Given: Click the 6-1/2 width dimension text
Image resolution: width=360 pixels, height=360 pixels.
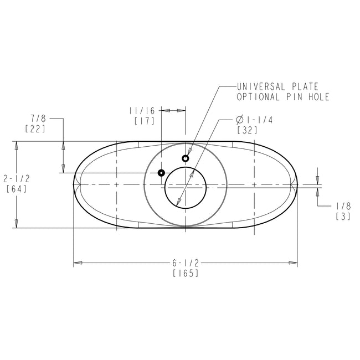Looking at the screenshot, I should pyautogui.click(x=186, y=263).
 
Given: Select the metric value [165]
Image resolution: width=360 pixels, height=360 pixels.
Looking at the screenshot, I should pyautogui.click(x=186, y=273).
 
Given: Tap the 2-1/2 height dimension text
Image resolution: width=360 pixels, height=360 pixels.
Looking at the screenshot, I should pyautogui.click(x=17, y=178).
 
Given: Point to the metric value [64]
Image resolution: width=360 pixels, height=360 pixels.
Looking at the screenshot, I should pyautogui.click(x=17, y=188).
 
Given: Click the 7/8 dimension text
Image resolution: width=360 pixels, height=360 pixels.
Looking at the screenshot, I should pyautogui.click(x=38, y=118).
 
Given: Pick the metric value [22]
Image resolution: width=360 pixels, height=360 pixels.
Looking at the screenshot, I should pyautogui.click(x=35, y=128).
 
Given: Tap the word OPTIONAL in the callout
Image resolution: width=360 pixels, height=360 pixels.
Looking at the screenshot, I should pyautogui.click(x=257, y=97).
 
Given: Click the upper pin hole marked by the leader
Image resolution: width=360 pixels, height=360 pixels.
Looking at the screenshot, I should pyautogui.click(x=186, y=158).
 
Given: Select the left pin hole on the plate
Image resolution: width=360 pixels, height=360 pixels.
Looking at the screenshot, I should pyautogui.click(x=161, y=173).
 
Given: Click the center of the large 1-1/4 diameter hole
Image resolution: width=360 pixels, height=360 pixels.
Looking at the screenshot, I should pyautogui.click(x=185, y=187).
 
